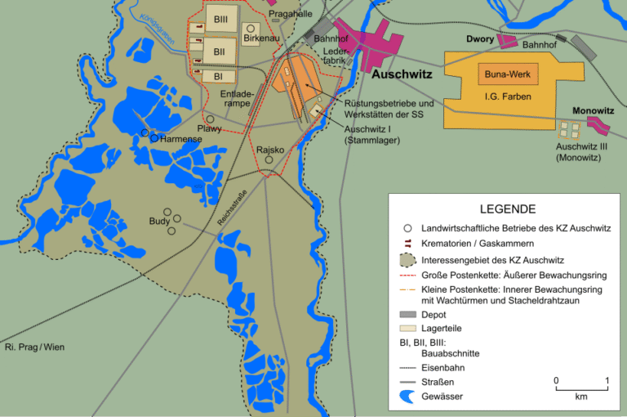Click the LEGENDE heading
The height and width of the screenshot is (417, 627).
coord(507,208)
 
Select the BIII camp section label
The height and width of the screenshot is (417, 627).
coord(220,18)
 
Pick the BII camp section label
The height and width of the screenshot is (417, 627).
coord(219,52)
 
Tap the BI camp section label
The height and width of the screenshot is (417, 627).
coord(218,76)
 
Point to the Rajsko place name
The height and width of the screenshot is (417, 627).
coord(270,150)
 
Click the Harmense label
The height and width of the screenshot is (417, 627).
coord(180,139)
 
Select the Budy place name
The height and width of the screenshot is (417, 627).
coord(159,222)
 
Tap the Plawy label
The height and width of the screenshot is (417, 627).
coord(209,129)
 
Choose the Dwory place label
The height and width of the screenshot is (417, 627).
coord(481,38)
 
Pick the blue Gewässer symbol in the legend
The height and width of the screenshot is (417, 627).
coord(407,397)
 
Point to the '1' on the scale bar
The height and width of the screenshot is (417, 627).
coord(607,381)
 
